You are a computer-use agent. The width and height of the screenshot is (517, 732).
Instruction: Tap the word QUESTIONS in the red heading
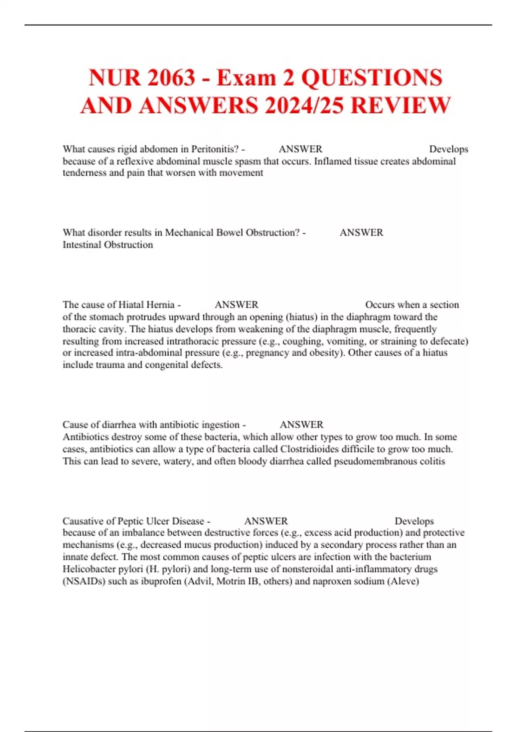point(371,78)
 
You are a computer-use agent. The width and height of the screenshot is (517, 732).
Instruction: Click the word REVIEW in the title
point(401,106)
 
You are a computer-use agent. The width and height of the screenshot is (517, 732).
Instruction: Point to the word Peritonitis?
point(215,149)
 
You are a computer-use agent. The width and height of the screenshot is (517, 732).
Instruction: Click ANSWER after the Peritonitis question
point(300,149)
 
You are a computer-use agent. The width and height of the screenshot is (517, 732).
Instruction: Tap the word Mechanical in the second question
point(189,233)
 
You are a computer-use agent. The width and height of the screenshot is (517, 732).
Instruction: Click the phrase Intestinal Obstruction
point(108,245)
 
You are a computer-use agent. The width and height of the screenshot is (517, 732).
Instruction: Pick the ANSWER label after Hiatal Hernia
point(237,305)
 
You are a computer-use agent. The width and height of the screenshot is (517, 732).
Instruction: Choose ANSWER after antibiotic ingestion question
point(302,425)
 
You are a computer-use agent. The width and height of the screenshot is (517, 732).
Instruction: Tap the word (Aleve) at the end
point(403,581)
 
